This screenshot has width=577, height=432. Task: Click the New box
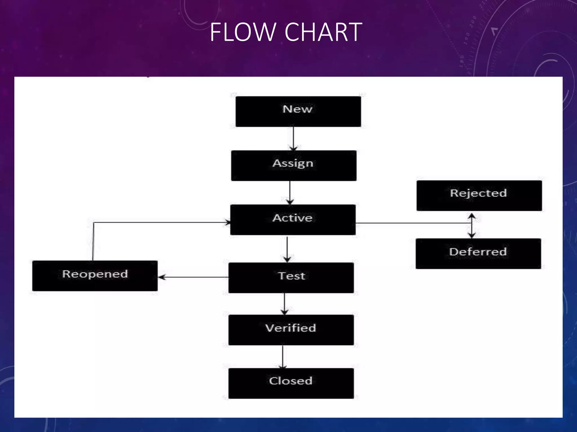tap(298, 111)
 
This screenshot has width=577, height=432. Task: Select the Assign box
tap(294, 166)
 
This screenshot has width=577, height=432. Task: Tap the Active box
tap(293, 220)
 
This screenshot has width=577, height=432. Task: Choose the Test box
tap(291, 278)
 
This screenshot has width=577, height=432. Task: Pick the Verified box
tap(291, 330)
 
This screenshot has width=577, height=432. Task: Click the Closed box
tap(291, 383)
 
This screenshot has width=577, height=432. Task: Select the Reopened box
tap(95, 276)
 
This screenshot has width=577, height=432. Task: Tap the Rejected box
tap(479, 195)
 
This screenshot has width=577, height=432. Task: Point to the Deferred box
tap(478, 253)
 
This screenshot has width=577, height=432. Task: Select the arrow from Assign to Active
tap(290, 192)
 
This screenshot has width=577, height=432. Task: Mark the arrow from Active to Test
tap(287, 249)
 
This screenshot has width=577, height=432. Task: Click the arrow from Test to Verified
tap(284, 304)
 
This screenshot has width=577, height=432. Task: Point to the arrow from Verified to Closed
tap(283, 357)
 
